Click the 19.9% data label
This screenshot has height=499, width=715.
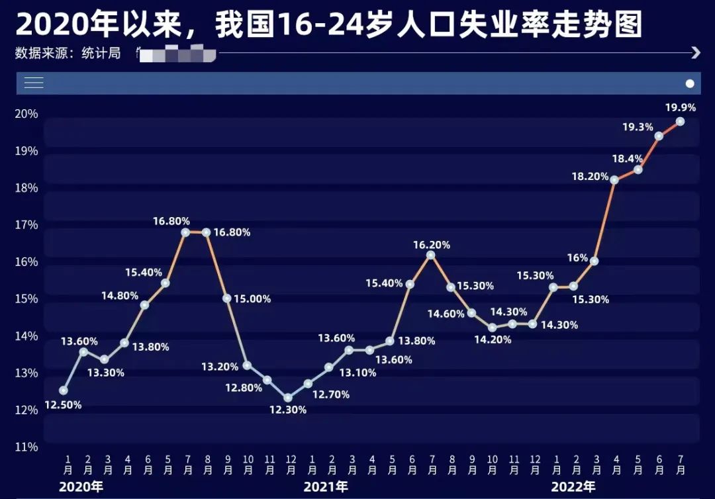[x=681, y=107]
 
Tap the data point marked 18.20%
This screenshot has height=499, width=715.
[x=614, y=179]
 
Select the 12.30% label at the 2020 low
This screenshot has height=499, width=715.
[x=287, y=410]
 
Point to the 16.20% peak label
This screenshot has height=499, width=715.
[x=432, y=245]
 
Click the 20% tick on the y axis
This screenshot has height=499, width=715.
[x=26, y=114]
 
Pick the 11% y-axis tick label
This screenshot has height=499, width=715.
[x=26, y=447]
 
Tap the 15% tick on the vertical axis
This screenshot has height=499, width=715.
[x=26, y=299]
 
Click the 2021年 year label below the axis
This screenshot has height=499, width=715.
[x=326, y=487]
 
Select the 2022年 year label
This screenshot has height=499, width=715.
[x=573, y=487]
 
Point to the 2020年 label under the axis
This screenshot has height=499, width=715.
[x=81, y=487]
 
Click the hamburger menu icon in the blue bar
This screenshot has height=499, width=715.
[x=34, y=83]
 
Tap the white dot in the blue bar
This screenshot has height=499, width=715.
[x=690, y=83]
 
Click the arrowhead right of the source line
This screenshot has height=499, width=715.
[x=695, y=53]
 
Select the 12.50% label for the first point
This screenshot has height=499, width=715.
[x=63, y=405]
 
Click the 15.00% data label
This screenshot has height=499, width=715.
[x=252, y=299]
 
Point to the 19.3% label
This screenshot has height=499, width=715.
[x=638, y=127]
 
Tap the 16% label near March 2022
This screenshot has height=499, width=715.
[x=577, y=258]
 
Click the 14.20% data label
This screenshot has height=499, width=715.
[x=493, y=340]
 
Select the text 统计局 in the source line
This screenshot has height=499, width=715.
[x=101, y=54]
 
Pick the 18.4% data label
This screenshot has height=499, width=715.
[x=627, y=159]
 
